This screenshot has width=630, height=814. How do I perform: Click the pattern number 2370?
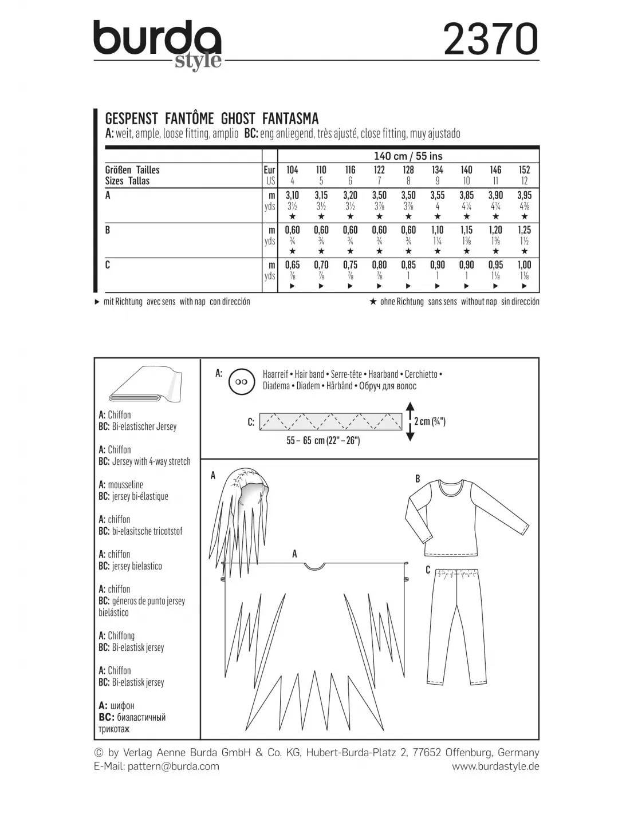pyautogui.click(x=491, y=39)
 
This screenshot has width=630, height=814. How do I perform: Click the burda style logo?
pyautogui.click(x=157, y=45)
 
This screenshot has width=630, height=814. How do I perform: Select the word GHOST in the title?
pyautogui.click(x=237, y=118)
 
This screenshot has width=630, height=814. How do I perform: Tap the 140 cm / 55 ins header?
pyautogui.click(x=408, y=156)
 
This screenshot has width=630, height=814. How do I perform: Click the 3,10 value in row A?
pyautogui.click(x=292, y=195)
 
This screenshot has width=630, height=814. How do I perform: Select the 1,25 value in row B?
pyautogui.click(x=524, y=230)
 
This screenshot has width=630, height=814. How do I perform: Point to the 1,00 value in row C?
pyautogui.click(x=524, y=265)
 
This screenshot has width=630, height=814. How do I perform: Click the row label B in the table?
pyautogui.click(x=108, y=231)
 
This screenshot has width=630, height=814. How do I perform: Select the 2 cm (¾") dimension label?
pyautogui.click(x=430, y=421)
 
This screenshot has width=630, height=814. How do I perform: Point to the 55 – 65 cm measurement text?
pyautogui.click(x=323, y=441)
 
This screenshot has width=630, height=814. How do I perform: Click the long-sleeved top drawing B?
pyautogui.click(x=450, y=515)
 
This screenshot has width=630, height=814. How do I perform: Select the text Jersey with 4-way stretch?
pyautogui.click(x=151, y=461)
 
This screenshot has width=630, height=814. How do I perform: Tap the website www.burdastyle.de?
pyautogui.click(x=495, y=766)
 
